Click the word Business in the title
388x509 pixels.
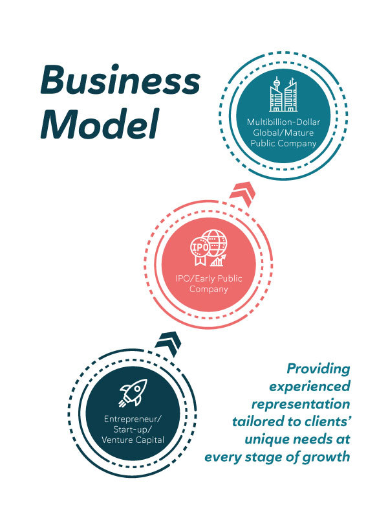point(120,80)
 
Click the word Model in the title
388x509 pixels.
point(100,124)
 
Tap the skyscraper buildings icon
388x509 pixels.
point(283,95)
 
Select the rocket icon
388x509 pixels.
point(133,393)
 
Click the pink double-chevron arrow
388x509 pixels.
point(242,193)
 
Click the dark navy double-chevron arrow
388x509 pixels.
point(168,343)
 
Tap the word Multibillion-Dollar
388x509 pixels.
point(284,122)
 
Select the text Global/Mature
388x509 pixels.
point(283,133)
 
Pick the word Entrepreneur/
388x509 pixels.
point(133,419)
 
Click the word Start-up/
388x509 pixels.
point(133,429)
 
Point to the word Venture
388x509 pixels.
point(115,440)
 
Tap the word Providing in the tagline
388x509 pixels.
point(319,369)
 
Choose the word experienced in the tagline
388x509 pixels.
point(310,387)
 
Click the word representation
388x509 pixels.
point(301,404)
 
